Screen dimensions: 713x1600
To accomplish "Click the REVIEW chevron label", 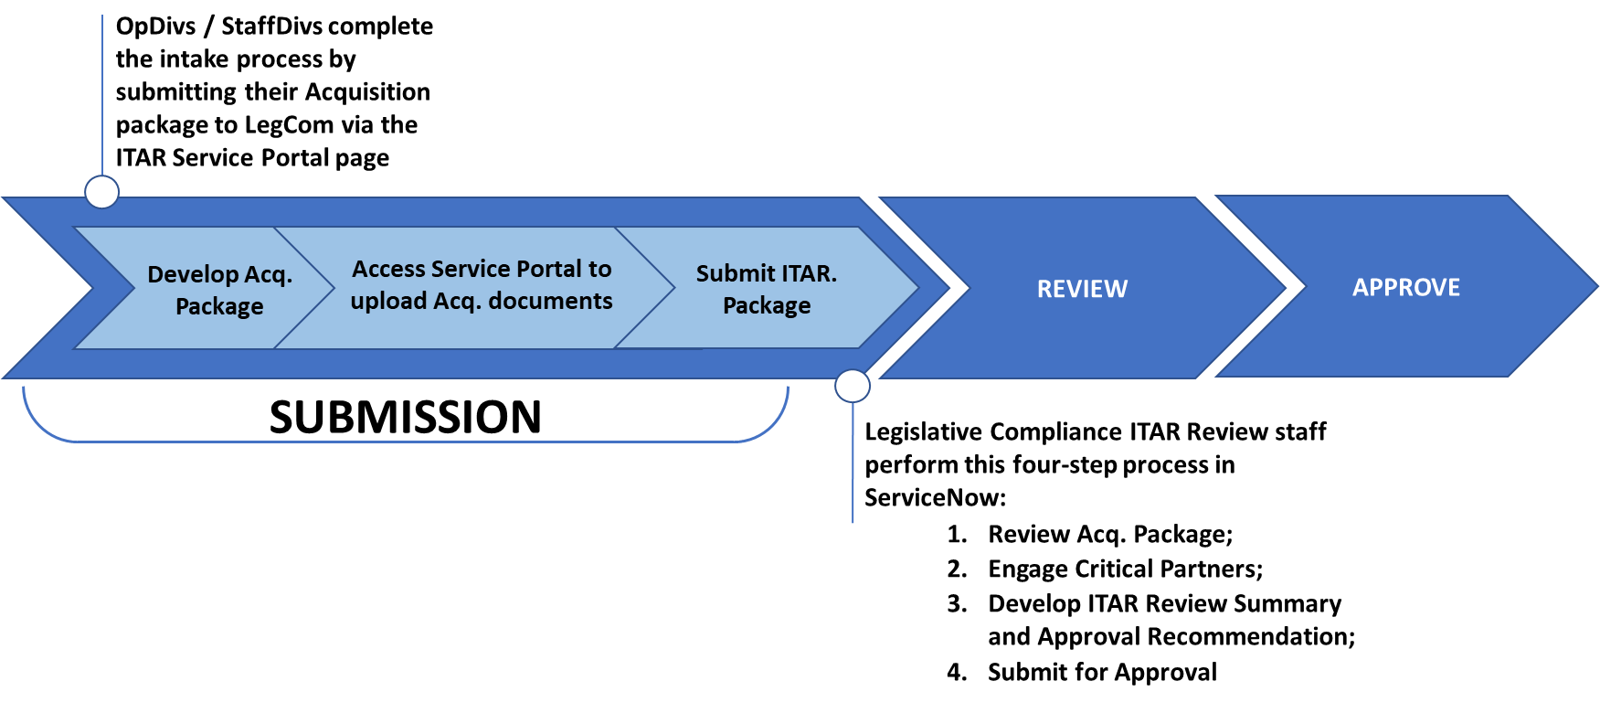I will pyautogui.click(x=1082, y=289).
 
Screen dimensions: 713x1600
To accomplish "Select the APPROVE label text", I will pyautogui.click(x=1405, y=287).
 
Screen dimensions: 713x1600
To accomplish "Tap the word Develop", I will pyautogui.click(x=193, y=274).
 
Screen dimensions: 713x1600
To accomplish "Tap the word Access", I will pyautogui.click(x=388, y=269).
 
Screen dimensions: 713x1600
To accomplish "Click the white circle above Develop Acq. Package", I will pyautogui.click(x=101, y=192).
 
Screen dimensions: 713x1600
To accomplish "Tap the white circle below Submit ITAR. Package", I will pyautogui.click(x=853, y=386).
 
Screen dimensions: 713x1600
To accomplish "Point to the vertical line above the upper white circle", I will pyautogui.click(x=102, y=91).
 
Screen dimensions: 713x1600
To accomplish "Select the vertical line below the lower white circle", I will pyautogui.click(x=853, y=466).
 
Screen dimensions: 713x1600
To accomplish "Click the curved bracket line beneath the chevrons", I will pyautogui.click(x=402, y=442).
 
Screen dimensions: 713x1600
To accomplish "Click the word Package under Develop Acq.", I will pyautogui.click(x=219, y=306).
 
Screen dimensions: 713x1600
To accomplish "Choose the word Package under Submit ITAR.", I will pyautogui.click(x=767, y=305).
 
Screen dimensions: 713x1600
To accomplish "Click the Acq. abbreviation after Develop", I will pyautogui.click(x=269, y=274).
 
